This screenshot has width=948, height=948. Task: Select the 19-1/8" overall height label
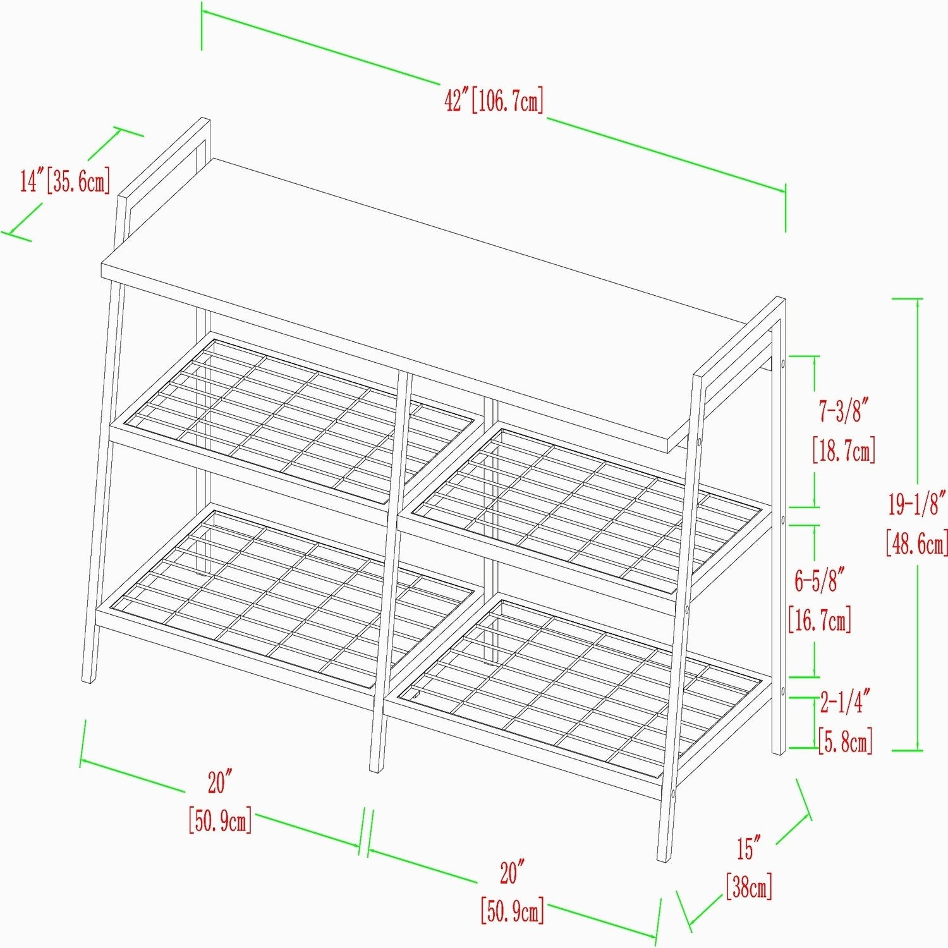[x=917, y=504]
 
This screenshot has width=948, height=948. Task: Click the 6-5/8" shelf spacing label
[x=820, y=580]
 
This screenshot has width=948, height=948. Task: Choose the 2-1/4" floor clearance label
[x=846, y=702]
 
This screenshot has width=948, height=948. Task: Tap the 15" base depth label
[x=748, y=848]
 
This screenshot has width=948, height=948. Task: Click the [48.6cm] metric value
[x=917, y=543]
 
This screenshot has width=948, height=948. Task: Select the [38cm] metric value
[x=749, y=886]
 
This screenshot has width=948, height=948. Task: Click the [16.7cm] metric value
[x=820, y=619]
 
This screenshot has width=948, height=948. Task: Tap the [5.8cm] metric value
[x=846, y=740]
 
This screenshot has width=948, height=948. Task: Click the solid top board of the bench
[x=442, y=303]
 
